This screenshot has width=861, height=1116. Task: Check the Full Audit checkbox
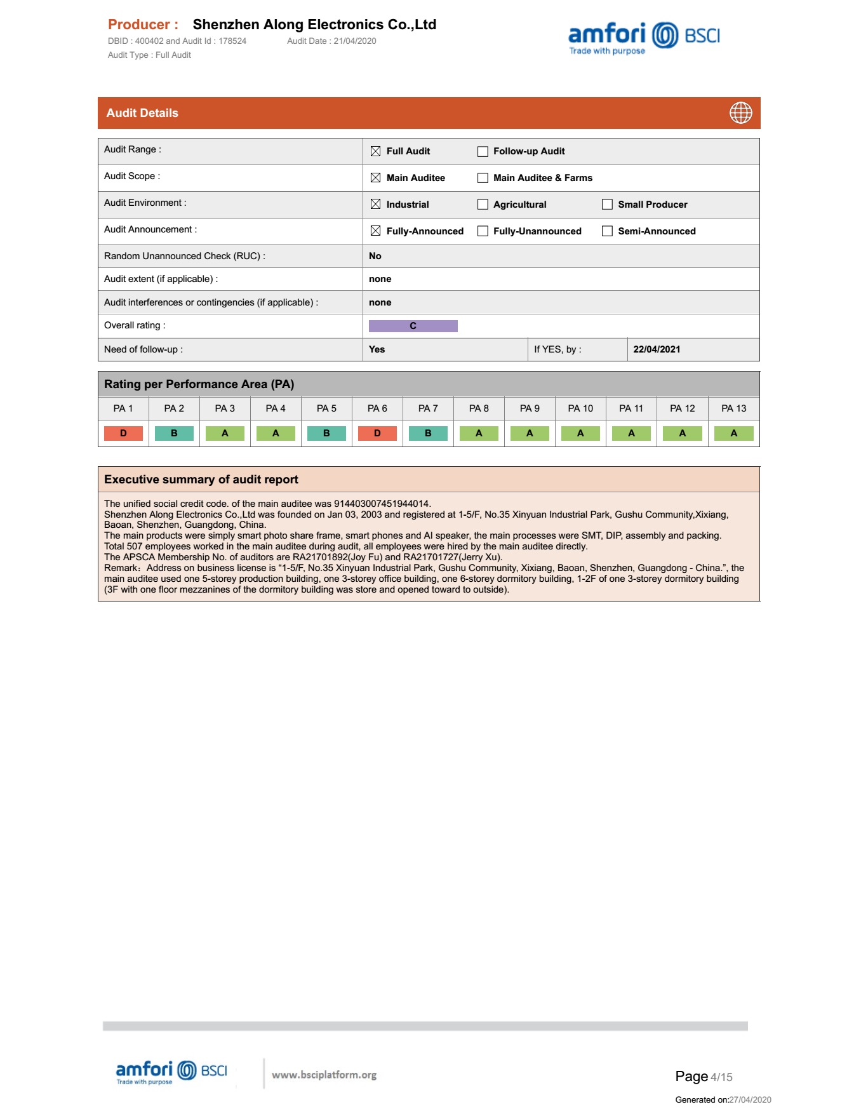tap(375, 151)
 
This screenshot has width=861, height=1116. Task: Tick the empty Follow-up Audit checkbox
tap(483, 151)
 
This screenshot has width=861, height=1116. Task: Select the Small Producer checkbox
tap(607, 205)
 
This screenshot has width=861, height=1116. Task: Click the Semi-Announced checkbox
tap(607, 231)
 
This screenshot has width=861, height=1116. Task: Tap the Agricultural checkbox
tap(483, 205)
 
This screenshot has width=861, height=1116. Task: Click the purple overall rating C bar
tap(413, 326)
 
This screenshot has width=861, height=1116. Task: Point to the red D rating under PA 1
tap(123, 433)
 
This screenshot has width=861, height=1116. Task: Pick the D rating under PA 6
tap(377, 433)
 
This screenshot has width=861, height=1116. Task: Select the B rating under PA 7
tap(428, 433)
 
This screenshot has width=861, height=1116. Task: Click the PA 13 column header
tap(733, 408)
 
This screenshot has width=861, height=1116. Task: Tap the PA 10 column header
tap(580, 408)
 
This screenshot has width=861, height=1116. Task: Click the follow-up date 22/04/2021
tap(657, 349)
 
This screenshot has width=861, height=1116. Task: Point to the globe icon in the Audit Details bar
tap(740, 113)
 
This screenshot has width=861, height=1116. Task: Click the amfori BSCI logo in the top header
tap(644, 37)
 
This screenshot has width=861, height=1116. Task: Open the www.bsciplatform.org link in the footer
tap(324, 1075)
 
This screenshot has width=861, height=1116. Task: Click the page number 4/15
tap(721, 1077)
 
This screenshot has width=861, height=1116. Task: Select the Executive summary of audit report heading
tap(201, 480)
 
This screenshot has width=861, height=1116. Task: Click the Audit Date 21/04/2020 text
tap(331, 41)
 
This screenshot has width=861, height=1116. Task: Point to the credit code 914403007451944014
tap(382, 504)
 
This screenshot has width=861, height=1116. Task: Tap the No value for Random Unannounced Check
tap(375, 256)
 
